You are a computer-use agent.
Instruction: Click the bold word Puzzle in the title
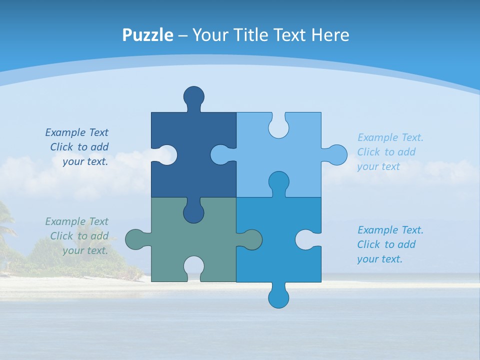pyautogui.click(x=148, y=35)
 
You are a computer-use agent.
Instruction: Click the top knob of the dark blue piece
pyautogui.click(x=193, y=96)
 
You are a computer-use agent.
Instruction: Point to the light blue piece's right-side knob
pyautogui.click(x=336, y=154)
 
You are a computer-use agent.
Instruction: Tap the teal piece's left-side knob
pyautogui.click(x=135, y=239)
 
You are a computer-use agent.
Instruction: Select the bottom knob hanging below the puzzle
pyautogui.click(x=278, y=297)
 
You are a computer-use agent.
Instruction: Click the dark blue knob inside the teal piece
pyautogui.click(x=193, y=212)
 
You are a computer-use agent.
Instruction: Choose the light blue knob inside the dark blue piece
pyautogui.click(x=221, y=154)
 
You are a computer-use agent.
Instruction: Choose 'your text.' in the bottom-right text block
pyautogui.click(x=379, y=259)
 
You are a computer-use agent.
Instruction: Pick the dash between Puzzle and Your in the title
pyautogui.click(x=183, y=35)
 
